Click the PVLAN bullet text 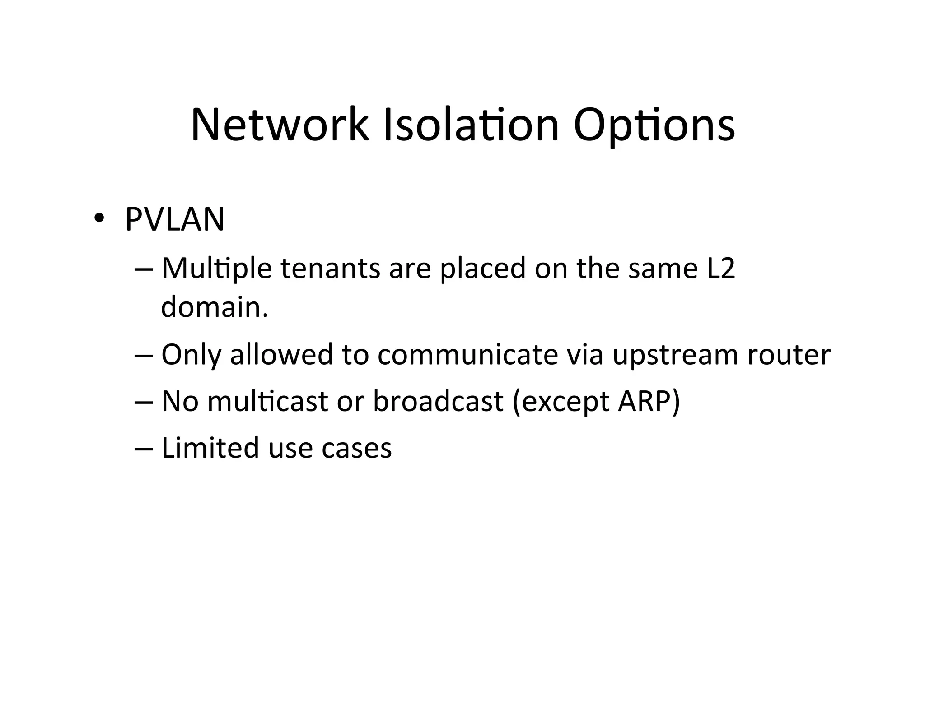pos(175,220)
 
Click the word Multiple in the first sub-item pos(216,269)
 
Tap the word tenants pos(330,268)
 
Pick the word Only pos(191,355)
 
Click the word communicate pos(467,354)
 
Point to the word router pos(789,355)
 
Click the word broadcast pos(438,401)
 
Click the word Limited pos(210,448)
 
